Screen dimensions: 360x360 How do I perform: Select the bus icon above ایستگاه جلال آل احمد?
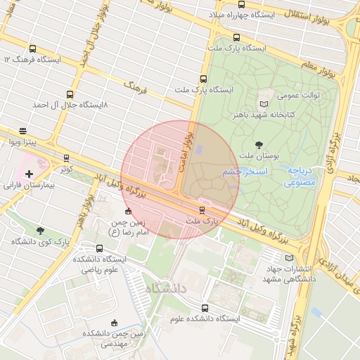(x=70, y=94)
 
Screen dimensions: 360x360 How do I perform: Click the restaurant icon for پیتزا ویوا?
(x=23, y=131)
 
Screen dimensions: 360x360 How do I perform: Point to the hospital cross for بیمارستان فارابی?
(x=29, y=174)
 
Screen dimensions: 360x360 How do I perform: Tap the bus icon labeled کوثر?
(x=66, y=158)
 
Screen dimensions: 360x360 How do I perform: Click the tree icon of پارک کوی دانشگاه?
(x=40, y=231)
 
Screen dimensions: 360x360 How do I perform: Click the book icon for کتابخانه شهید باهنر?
(x=264, y=103)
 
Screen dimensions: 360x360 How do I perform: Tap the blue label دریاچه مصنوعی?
(x=303, y=176)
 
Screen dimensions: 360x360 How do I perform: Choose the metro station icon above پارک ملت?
(x=202, y=210)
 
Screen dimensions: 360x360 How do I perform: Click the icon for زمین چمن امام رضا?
(x=127, y=211)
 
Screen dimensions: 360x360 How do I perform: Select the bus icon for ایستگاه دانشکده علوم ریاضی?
(x=99, y=249)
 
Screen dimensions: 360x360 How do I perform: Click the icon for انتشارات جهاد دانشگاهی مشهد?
(x=269, y=258)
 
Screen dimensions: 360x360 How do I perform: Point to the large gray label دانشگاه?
(x=166, y=288)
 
